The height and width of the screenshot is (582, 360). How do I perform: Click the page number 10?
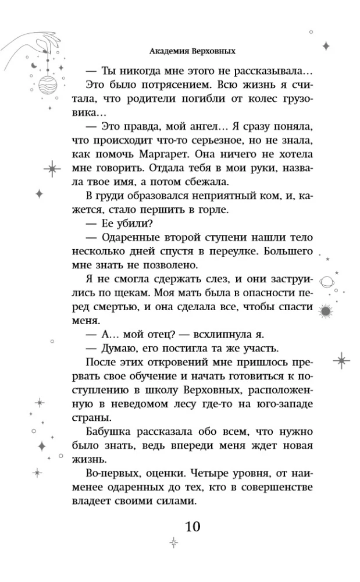[x=193, y=527]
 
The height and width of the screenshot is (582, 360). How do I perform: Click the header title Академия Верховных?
[x=191, y=51]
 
